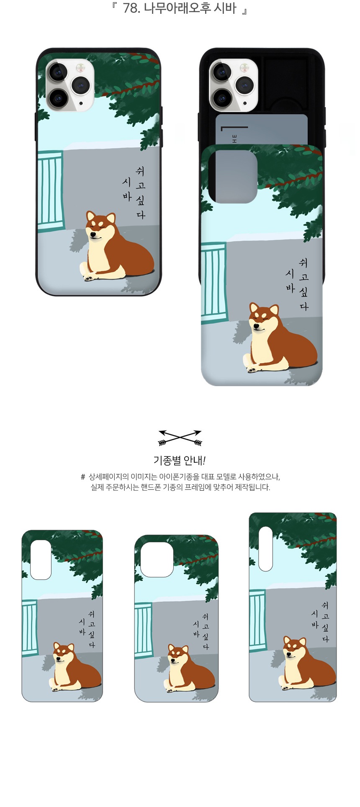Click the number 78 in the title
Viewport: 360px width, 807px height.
[x=131, y=8]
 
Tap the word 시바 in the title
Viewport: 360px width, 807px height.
[x=225, y=8]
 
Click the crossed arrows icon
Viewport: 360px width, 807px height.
[x=180, y=438]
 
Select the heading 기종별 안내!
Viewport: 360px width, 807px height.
[x=180, y=461]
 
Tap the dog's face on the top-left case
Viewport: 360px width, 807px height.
[x=100, y=228]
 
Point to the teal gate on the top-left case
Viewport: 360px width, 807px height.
[x=51, y=192]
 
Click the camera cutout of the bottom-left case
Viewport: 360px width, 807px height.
[x=41, y=560]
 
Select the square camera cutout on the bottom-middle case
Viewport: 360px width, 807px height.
[x=157, y=560]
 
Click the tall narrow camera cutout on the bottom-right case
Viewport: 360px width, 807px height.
[x=266, y=548]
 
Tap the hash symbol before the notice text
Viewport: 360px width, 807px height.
[x=83, y=477]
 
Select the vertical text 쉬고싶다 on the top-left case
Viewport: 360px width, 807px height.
[x=140, y=192]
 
